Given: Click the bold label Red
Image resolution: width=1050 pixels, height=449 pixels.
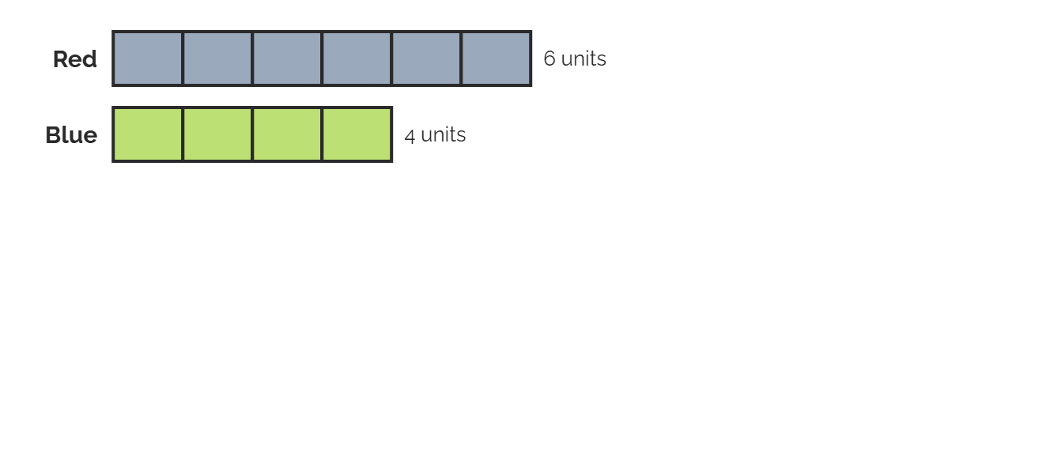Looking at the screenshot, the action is [74, 59].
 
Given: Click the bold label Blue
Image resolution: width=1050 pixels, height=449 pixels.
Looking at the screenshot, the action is [71, 135].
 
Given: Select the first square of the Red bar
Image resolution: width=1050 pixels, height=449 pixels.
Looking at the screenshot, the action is [148, 58].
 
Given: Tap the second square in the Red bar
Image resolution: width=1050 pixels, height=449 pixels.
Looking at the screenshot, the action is [217, 58].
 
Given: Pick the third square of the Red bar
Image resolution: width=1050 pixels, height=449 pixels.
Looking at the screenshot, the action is [287, 58].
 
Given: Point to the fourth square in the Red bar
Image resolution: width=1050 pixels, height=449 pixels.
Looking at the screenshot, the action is [357, 58].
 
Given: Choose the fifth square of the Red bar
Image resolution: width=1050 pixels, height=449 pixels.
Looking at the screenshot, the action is [426, 58].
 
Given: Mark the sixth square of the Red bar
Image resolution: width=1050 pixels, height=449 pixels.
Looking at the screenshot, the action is [496, 58].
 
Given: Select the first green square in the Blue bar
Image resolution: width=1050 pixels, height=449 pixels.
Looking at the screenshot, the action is [148, 134].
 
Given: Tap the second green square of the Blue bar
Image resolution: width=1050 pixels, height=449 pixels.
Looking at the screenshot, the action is [217, 134].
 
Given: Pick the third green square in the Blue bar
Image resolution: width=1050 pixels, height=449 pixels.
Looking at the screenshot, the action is [287, 134].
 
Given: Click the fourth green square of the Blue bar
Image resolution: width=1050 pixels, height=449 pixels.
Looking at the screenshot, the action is [357, 134].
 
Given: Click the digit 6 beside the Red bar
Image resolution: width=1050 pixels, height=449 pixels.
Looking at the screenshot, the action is [550, 59].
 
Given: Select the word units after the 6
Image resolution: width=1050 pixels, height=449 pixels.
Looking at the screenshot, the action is [584, 59].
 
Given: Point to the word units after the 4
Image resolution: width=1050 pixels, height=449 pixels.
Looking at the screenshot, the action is [444, 135].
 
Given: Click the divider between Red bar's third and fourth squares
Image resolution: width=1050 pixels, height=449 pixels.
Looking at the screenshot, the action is [322, 58].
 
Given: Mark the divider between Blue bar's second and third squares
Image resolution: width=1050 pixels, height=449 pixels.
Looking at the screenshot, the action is [252, 134].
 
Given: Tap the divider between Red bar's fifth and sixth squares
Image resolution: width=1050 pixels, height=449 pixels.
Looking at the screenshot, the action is [461, 58].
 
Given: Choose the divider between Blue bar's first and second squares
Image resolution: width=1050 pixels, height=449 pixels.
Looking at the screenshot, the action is [183, 134].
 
